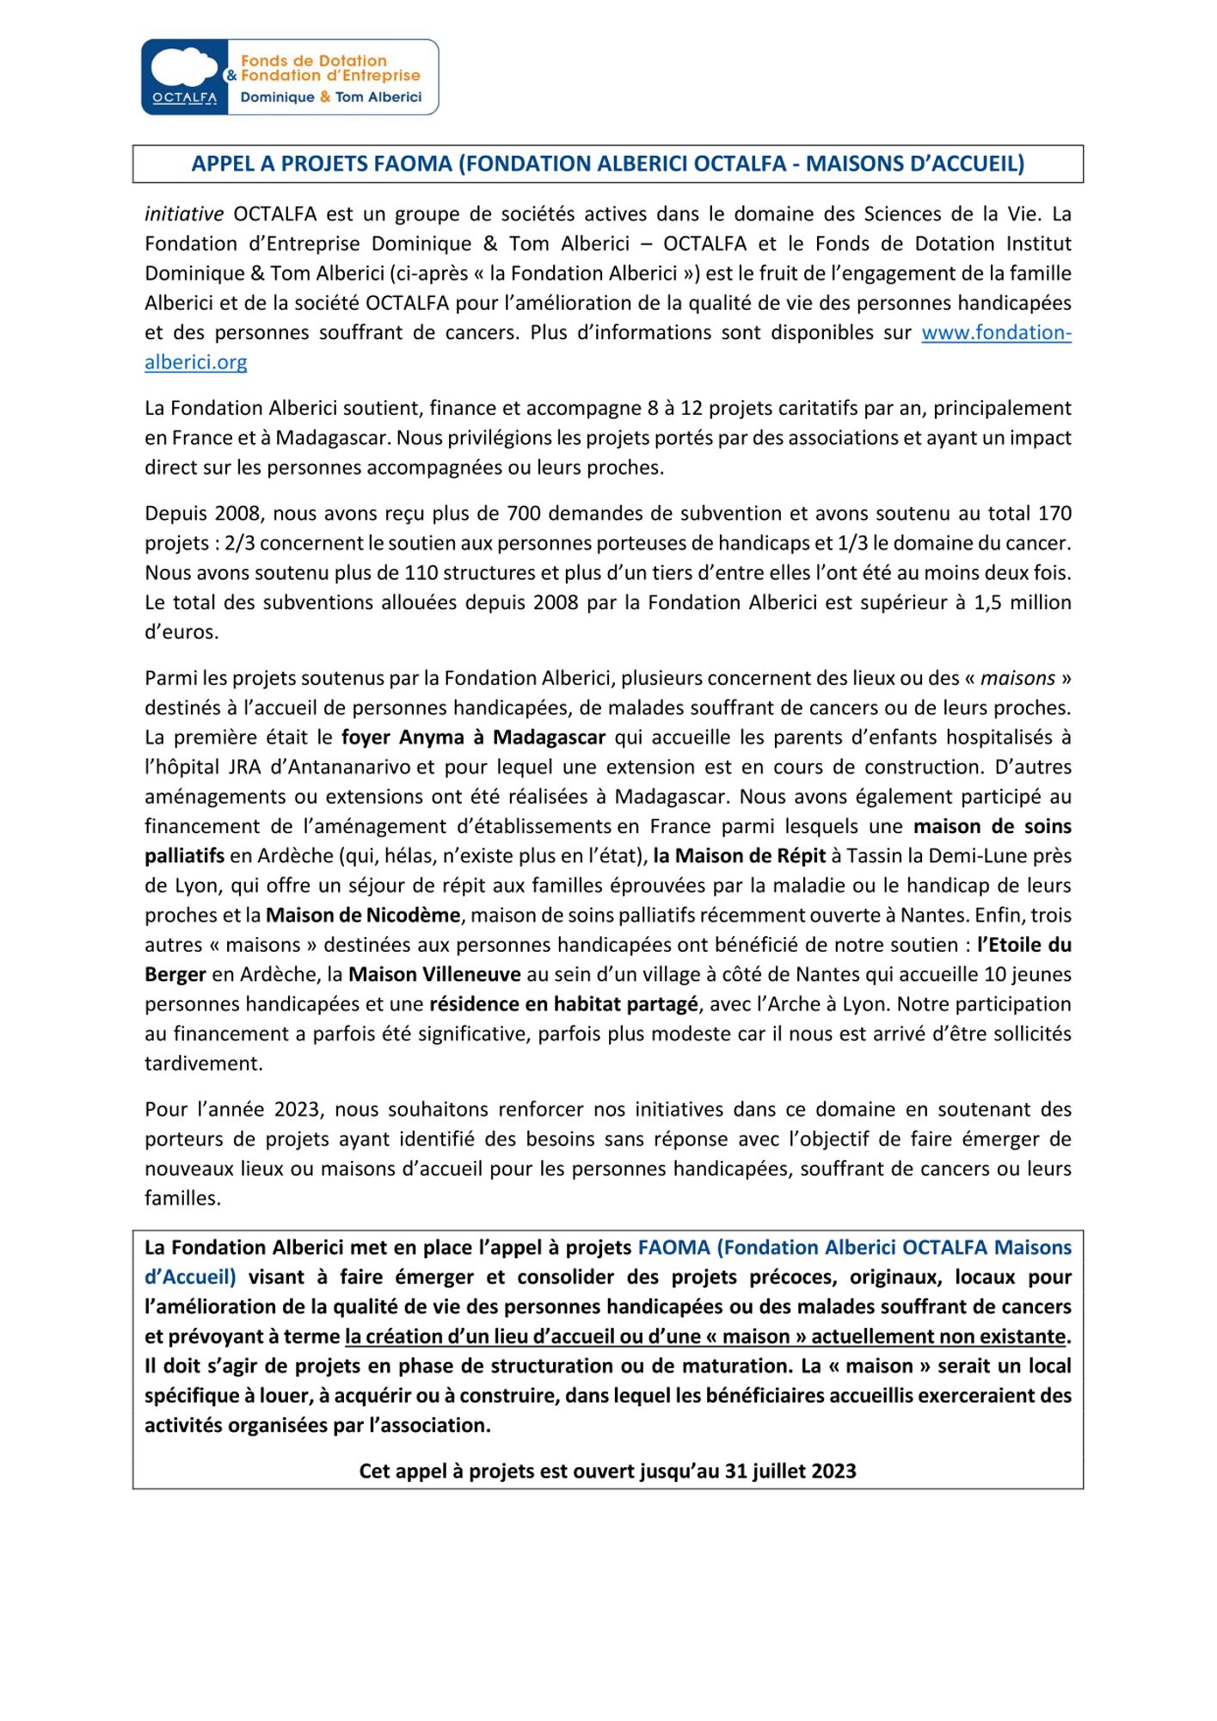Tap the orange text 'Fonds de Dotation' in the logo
pyautogui.click(x=313, y=61)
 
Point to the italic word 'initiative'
pyautogui.click(x=184, y=214)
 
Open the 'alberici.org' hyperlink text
pyautogui.click(x=196, y=362)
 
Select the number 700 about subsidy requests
pyautogui.click(x=525, y=514)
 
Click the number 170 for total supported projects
pyautogui.click(x=1054, y=514)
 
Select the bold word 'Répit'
pyautogui.click(x=801, y=856)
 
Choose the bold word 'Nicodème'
pyautogui.click(x=419, y=915)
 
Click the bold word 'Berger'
pyautogui.click(x=175, y=974)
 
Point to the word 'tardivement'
pyautogui.click(x=203, y=1064)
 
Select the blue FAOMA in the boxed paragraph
pyautogui.click(x=673, y=1248)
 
